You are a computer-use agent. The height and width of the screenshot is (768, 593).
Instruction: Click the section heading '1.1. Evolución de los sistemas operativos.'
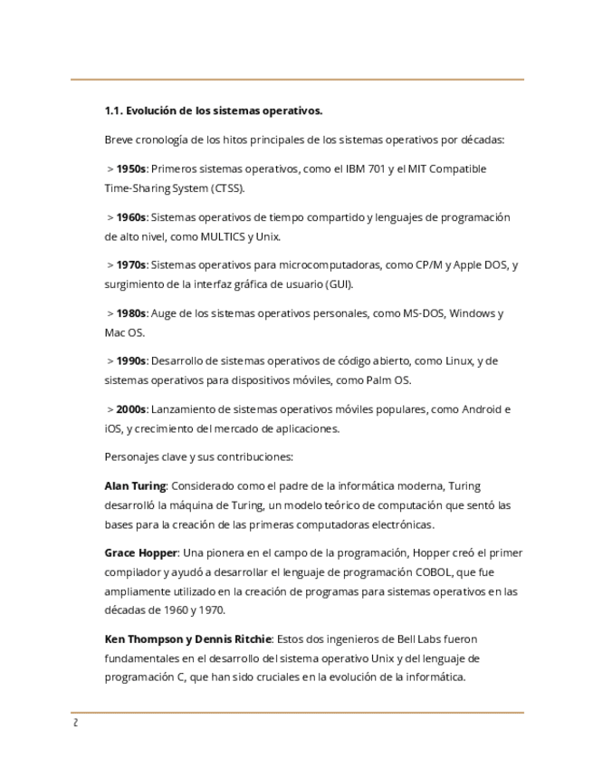[214, 111]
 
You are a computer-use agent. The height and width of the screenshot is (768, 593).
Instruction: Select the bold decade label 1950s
[131, 169]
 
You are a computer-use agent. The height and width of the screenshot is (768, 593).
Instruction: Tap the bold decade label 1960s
[131, 217]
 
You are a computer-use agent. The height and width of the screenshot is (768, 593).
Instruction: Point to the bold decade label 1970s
[131, 265]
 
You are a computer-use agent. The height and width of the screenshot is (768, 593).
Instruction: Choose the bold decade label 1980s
[131, 313]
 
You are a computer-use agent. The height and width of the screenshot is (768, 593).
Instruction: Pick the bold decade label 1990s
[131, 361]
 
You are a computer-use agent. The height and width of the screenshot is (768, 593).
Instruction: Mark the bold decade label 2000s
[131, 409]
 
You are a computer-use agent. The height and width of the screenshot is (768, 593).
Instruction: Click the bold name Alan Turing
[135, 486]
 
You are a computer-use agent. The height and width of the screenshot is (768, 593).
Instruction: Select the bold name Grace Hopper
[140, 553]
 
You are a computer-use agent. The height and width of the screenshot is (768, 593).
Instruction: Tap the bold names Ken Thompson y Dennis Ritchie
[187, 639]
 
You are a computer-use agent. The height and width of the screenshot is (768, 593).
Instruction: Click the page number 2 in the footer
[75, 724]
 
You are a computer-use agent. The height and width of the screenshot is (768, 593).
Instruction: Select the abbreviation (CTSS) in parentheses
[228, 189]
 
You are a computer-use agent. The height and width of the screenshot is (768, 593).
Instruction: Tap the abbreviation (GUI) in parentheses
[338, 285]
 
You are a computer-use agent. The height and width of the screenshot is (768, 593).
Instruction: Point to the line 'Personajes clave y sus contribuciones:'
[198, 457]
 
